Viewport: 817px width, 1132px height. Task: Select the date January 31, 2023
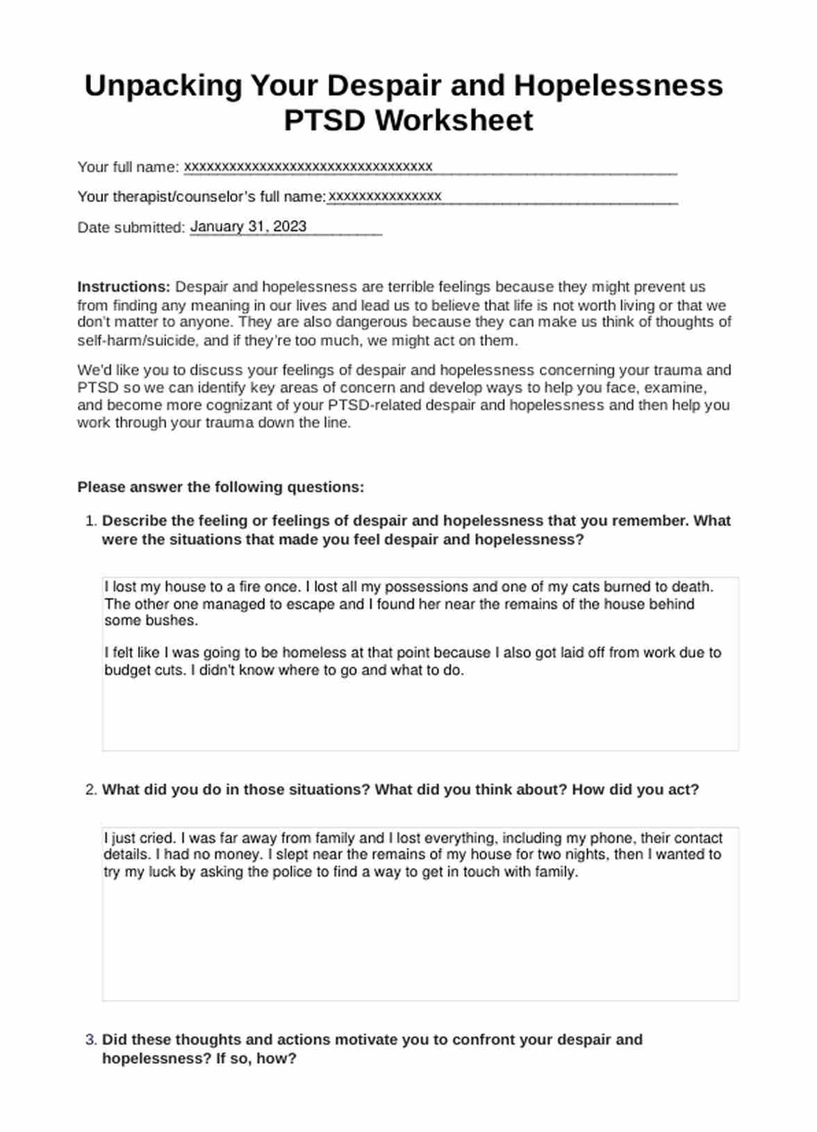tap(248, 226)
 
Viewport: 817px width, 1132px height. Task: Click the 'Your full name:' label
tap(129, 167)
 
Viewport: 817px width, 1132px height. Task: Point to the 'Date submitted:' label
tap(131, 228)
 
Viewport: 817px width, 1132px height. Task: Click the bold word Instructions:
tap(124, 287)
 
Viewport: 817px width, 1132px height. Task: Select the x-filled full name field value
tap(308, 167)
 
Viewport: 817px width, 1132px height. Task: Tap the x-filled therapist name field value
tap(384, 197)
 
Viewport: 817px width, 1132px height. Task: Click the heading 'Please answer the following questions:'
tap(220, 488)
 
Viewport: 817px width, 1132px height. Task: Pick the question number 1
tap(90, 522)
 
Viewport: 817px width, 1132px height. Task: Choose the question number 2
tap(90, 790)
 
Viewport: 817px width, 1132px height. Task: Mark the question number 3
tap(90, 1040)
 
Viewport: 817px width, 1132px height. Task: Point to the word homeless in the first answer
tap(314, 653)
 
